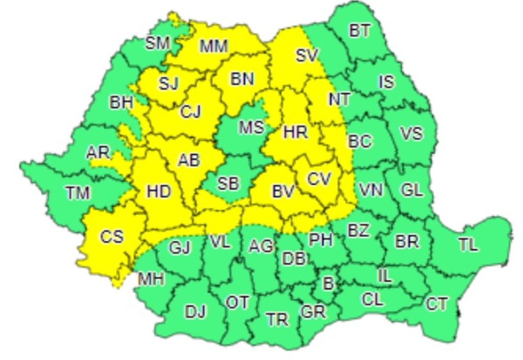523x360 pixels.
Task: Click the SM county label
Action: click(157, 43)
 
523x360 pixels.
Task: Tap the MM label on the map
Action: click(214, 47)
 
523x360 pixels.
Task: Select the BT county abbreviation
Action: click(359, 31)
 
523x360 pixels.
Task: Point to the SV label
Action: click(307, 55)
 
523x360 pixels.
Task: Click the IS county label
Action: click(386, 82)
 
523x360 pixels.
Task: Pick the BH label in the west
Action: click(121, 103)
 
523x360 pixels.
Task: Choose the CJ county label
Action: click(191, 111)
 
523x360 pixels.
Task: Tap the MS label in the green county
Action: click(252, 127)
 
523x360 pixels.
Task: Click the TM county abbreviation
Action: click(78, 193)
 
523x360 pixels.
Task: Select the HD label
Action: click(158, 192)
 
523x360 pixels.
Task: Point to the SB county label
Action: click(228, 183)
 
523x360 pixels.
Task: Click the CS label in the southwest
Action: click(112, 237)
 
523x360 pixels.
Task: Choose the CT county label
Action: click(437, 304)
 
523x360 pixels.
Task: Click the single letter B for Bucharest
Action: click(328, 284)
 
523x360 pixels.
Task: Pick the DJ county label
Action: click(195, 312)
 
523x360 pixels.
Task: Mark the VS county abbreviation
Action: click(411, 133)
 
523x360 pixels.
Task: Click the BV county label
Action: click(283, 192)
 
